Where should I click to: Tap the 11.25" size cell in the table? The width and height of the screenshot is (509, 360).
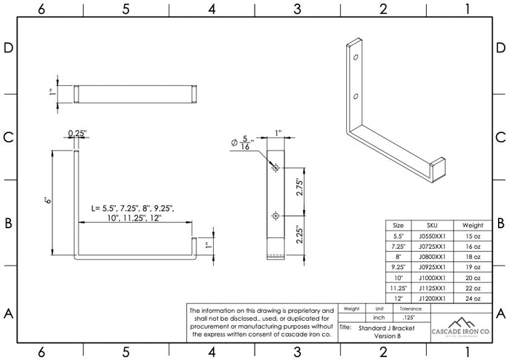(x=398, y=288)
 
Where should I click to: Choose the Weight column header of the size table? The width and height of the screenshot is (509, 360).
(x=472, y=225)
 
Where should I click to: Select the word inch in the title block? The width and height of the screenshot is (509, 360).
(x=379, y=318)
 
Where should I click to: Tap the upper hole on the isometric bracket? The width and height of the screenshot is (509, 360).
(x=356, y=57)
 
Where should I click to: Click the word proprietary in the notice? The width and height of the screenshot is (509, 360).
(x=305, y=310)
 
